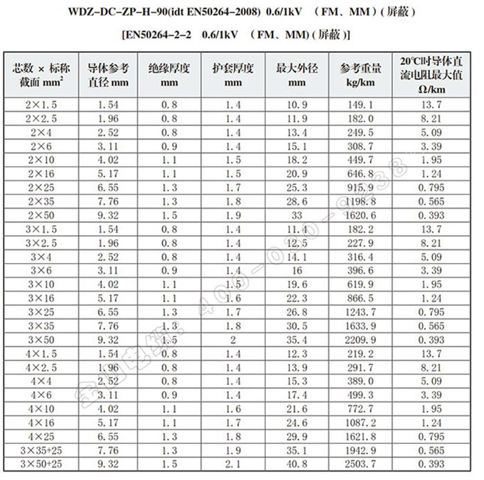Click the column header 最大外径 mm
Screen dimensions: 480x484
[x=297, y=75]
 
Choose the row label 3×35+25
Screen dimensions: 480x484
[x=39, y=450]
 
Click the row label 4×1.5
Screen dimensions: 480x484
[x=39, y=353]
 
